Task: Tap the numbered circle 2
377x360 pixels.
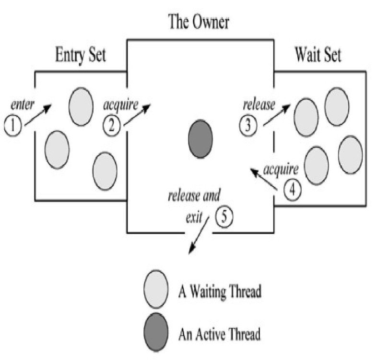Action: (x=111, y=126)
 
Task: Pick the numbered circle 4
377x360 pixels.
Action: (x=293, y=190)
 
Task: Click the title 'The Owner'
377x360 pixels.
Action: (x=198, y=22)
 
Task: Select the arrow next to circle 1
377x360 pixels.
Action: (x=38, y=116)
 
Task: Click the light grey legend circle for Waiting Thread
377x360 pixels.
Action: (x=156, y=290)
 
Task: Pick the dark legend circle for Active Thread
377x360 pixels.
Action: (x=156, y=332)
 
